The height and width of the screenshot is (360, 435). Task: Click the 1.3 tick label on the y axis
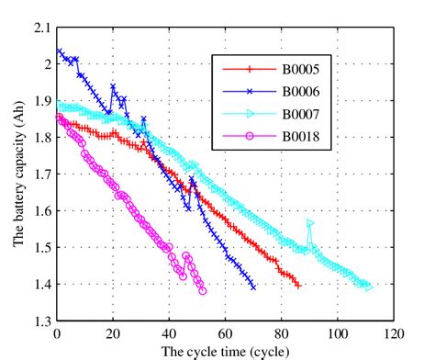tap(42, 321)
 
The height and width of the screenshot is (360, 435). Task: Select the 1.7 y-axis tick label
tap(42, 174)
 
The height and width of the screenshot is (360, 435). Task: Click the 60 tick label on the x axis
tap(226, 333)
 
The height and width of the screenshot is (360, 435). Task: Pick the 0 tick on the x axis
tap(58, 333)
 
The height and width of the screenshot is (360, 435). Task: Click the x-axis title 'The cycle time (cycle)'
tap(226, 351)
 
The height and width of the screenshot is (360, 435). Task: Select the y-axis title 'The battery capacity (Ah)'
tap(17, 174)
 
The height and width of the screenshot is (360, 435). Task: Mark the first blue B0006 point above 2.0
tap(60, 51)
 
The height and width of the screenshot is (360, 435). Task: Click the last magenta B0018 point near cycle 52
tap(202, 291)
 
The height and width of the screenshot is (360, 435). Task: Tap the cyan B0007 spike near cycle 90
tap(310, 223)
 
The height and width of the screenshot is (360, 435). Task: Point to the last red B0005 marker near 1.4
tap(297, 286)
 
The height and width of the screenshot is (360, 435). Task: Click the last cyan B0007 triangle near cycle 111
tap(369, 287)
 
